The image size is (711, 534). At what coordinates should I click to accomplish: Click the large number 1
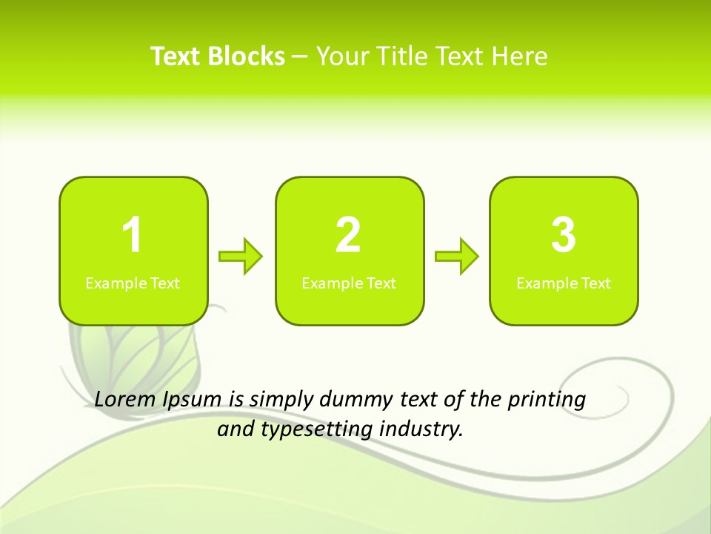132,235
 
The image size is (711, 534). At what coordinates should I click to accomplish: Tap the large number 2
348,235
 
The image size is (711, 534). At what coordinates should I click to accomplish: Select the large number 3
564,235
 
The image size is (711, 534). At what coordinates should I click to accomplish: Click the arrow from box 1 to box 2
241,257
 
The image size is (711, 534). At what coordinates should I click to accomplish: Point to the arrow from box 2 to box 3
457,257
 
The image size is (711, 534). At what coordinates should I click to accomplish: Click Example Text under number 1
133,283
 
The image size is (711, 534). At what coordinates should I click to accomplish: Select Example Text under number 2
349,283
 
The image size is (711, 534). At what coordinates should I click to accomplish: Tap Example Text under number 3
564,283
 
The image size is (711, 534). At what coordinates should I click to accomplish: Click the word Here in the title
521,56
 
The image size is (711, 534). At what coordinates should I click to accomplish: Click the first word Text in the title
176,56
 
